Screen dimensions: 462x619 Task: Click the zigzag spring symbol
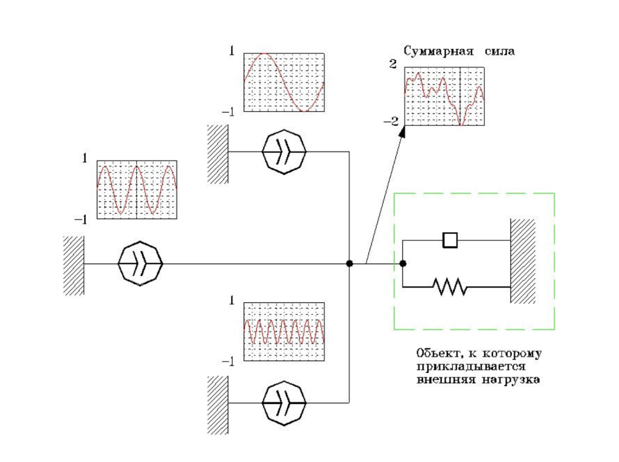[450, 287]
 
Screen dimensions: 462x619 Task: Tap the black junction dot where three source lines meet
[350, 264]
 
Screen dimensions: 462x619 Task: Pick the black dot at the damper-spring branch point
[402, 263]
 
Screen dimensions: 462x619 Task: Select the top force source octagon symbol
[284, 151]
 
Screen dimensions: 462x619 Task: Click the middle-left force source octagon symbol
[140, 264]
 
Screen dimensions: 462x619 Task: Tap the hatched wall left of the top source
[218, 154]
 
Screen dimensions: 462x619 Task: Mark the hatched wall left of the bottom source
[218, 405]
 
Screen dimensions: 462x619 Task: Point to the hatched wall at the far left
[73, 266]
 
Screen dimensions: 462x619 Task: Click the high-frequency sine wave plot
[284, 331]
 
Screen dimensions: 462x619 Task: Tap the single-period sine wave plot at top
[284, 82]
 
